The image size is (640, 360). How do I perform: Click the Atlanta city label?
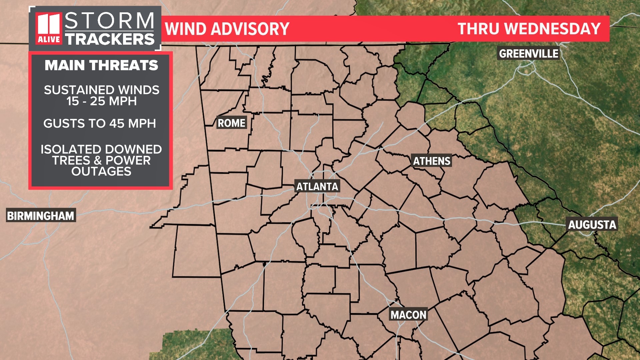317,186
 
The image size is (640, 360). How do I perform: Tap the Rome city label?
231,123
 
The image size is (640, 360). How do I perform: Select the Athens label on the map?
432,161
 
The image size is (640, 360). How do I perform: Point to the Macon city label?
408,315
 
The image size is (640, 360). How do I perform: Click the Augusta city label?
592,225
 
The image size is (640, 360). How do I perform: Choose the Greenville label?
528,53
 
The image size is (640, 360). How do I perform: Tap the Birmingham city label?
41,216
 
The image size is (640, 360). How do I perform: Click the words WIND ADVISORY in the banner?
227,29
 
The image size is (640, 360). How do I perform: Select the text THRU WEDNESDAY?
529,29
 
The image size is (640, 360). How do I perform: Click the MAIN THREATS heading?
101,65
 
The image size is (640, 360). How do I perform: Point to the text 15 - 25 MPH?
101,101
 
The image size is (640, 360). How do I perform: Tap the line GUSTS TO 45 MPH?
100,124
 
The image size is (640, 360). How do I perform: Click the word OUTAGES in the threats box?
101,171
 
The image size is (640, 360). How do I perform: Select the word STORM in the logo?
109,21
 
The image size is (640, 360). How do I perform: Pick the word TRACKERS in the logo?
110,39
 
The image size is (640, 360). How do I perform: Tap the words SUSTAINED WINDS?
101,90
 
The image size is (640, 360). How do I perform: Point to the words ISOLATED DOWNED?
101,149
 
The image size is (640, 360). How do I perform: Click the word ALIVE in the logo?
49,39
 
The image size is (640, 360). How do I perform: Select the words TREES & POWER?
101,160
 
